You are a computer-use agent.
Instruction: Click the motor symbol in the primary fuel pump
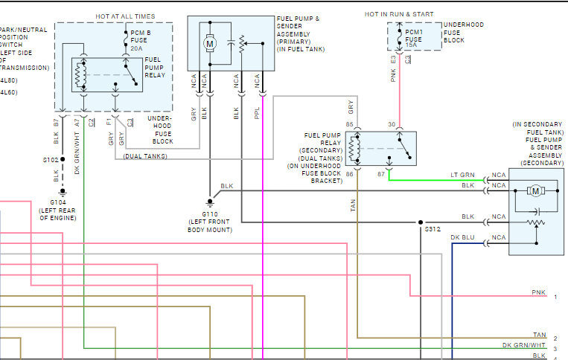coord(210,43)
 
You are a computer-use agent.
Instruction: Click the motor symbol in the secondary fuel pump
coord(535,191)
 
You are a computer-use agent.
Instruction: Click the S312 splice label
coord(433,230)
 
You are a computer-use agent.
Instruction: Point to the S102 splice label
coord(51,159)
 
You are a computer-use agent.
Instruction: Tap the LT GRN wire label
coord(462,175)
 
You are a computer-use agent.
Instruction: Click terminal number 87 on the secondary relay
coord(381,174)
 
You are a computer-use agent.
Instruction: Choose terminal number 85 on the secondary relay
coord(349,125)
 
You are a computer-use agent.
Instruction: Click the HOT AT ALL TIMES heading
coord(126,16)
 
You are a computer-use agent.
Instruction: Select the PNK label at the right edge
coord(538,292)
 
